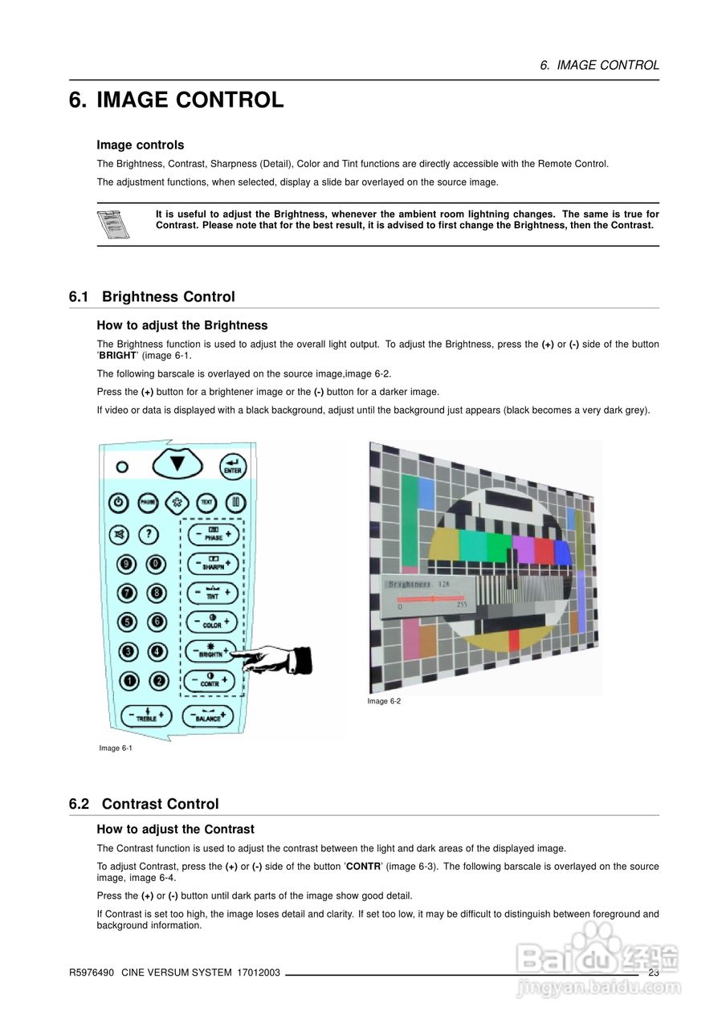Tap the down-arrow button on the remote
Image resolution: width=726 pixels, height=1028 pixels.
coord(177,464)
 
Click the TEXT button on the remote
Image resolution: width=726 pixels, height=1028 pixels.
coord(206,502)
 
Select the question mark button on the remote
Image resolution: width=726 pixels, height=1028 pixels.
coord(149,533)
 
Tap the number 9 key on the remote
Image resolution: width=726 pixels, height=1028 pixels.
coord(127,564)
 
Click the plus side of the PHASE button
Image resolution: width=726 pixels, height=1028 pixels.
coord(229,533)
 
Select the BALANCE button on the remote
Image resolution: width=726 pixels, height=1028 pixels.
coord(208,716)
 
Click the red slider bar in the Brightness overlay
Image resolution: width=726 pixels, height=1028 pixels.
coord(430,598)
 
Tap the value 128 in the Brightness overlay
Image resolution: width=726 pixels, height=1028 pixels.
coord(443,584)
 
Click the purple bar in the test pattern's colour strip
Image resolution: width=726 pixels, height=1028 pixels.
coord(523,550)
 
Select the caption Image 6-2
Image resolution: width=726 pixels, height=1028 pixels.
coord(384,702)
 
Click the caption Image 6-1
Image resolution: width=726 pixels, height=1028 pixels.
coord(116,749)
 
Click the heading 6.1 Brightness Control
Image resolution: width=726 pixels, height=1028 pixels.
coord(152,297)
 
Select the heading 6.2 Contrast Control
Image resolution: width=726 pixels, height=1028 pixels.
coord(144,804)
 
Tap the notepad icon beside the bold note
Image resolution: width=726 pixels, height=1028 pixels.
coord(113,224)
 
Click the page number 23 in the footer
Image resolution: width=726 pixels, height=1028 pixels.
coord(653,973)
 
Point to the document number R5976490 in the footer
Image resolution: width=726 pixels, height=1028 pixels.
coord(90,973)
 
